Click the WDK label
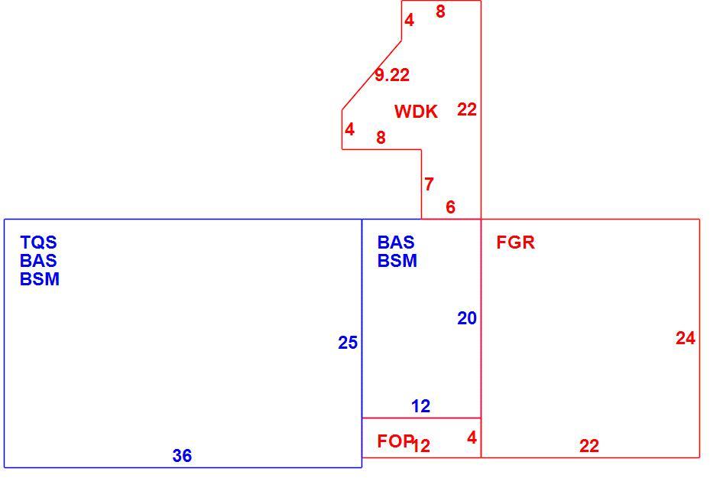pyautogui.click(x=416, y=112)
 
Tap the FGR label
pyautogui.click(x=516, y=242)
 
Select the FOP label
pyautogui.click(x=394, y=441)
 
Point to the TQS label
pyautogui.click(x=39, y=242)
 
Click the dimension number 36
pyautogui.click(x=182, y=456)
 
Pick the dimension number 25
pyautogui.click(x=348, y=343)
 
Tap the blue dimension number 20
pyautogui.click(x=467, y=318)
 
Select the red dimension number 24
pyautogui.click(x=686, y=339)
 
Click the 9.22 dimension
pyautogui.click(x=392, y=75)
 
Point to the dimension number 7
pyautogui.click(x=429, y=184)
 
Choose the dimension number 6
pyautogui.click(x=450, y=207)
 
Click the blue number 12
pyautogui.click(x=420, y=406)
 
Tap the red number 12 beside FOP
pyautogui.click(x=421, y=446)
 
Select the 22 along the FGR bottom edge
pyautogui.click(x=589, y=446)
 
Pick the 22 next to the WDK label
pyautogui.click(x=467, y=110)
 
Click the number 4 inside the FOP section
pyautogui.click(x=472, y=438)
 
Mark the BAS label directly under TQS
pyautogui.click(x=38, y=261)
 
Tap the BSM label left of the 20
pyautogui.click(x=397, y=261)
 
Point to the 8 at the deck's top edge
pyautogui.click(x=440, y=11)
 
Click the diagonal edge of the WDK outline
pyautogui.click(x=371, y=75)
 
